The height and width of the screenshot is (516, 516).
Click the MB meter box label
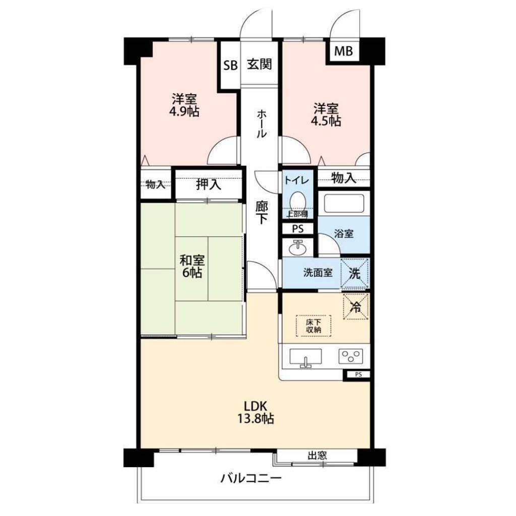point(344,51)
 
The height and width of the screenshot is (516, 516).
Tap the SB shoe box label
point(230,65)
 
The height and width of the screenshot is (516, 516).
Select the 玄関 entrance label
point(260,64)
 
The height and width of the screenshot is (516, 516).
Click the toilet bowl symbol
point(298,201)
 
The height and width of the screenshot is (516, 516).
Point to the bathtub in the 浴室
point(344,204)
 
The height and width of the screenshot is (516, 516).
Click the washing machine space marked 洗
point(354,274)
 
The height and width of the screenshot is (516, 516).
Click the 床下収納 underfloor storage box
point(313,326)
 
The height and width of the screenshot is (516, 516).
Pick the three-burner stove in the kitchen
point(351,356)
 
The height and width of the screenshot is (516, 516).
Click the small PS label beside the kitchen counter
point(358,374)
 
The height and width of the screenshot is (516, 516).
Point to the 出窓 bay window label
point(317,456)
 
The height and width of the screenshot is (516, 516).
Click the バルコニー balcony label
point(251,478)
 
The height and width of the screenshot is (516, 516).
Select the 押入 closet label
point(209,184)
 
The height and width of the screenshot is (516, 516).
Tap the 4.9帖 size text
point(184,112)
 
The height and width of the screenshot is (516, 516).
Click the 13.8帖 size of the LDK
point(255,419)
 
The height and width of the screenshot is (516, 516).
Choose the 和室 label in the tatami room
point(192,261)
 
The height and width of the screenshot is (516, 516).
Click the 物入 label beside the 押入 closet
point(155,184)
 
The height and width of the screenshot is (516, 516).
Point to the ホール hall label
point(261,124)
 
